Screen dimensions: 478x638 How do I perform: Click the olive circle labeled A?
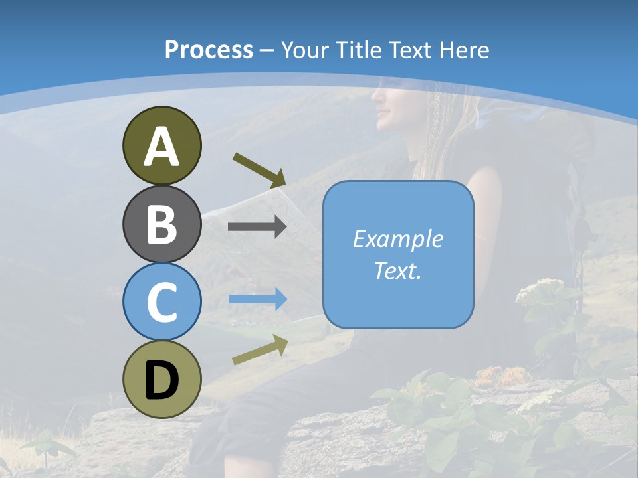coord(161,145)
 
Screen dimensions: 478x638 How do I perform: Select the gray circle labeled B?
coord(161,224)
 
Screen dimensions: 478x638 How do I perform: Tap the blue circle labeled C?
coord(161,301)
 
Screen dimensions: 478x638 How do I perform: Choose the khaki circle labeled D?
coord(161,379)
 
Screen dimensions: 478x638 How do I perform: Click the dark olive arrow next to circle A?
coord(259,169)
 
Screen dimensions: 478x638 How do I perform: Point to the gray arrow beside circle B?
coord(257,227)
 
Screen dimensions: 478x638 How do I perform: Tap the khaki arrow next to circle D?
coord(260,350)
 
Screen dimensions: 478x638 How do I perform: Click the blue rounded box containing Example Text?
coord(398,254)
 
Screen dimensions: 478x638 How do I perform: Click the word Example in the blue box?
coord(398,239)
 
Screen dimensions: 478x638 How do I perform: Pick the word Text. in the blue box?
coord(398,270)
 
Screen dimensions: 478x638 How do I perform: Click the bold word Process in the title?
coord(209,50)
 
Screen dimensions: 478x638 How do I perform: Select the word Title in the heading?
coord(359,50)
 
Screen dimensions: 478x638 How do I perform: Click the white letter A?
coord(161,147)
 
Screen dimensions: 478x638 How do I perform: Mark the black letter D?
coord(161,380)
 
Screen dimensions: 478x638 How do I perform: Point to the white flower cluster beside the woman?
coord(542,292)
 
